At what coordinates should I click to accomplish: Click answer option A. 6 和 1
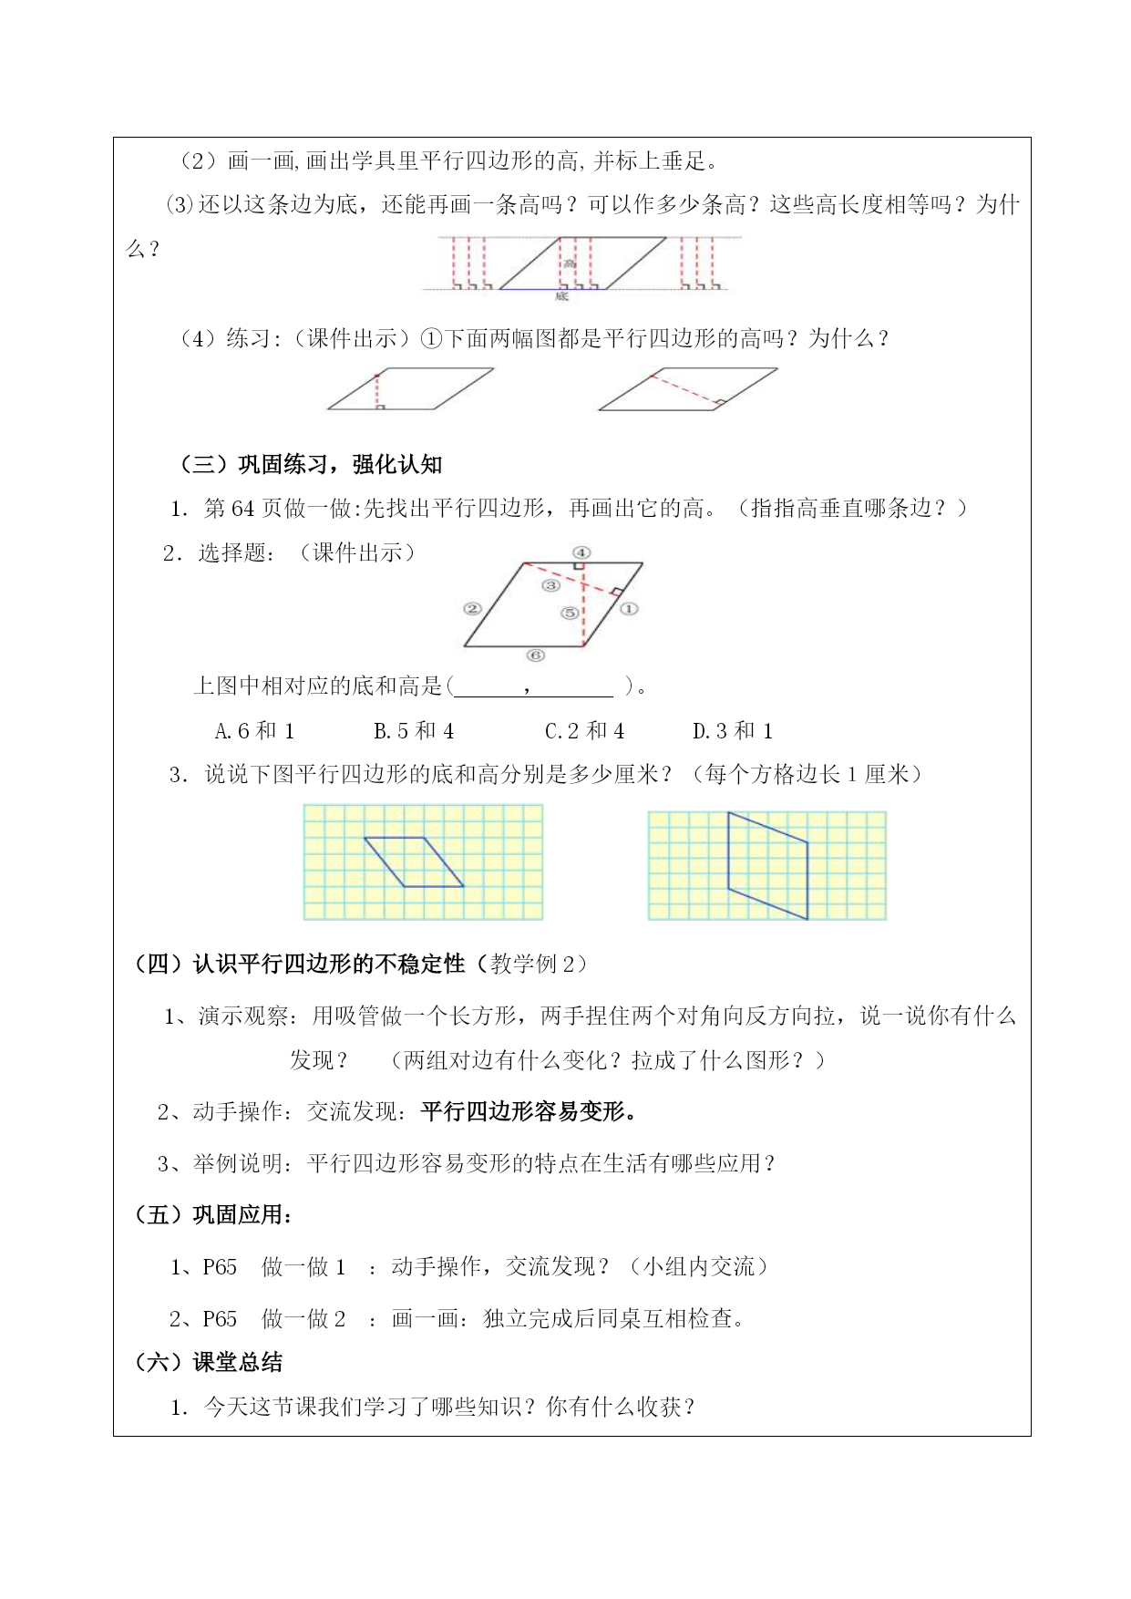coord(254,731)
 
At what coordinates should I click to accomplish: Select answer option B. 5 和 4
coord(414,731)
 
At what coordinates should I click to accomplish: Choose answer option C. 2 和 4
coord(584,731)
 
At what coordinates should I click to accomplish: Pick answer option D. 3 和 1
coord(733,731)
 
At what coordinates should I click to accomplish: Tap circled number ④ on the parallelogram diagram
coord(581,552)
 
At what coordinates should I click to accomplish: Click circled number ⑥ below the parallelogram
coord(535,655)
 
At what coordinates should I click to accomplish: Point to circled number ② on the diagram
coord(472,608)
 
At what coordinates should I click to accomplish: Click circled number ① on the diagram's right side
coord(629,608)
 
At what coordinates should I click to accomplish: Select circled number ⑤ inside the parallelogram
coord(569,613)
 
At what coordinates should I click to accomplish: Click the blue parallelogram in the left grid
coord(414,861)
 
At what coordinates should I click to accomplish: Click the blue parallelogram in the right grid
coord(767,864)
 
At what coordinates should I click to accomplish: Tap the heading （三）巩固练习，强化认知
coord(309,465)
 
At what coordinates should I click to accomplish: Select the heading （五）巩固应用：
coord(213,1215)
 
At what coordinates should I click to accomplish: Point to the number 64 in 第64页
coord(243,509)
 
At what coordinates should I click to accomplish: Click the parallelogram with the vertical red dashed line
coord(410,389)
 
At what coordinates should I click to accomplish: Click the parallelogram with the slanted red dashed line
coord(689,389)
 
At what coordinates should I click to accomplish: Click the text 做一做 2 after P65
coord(303,1319)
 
